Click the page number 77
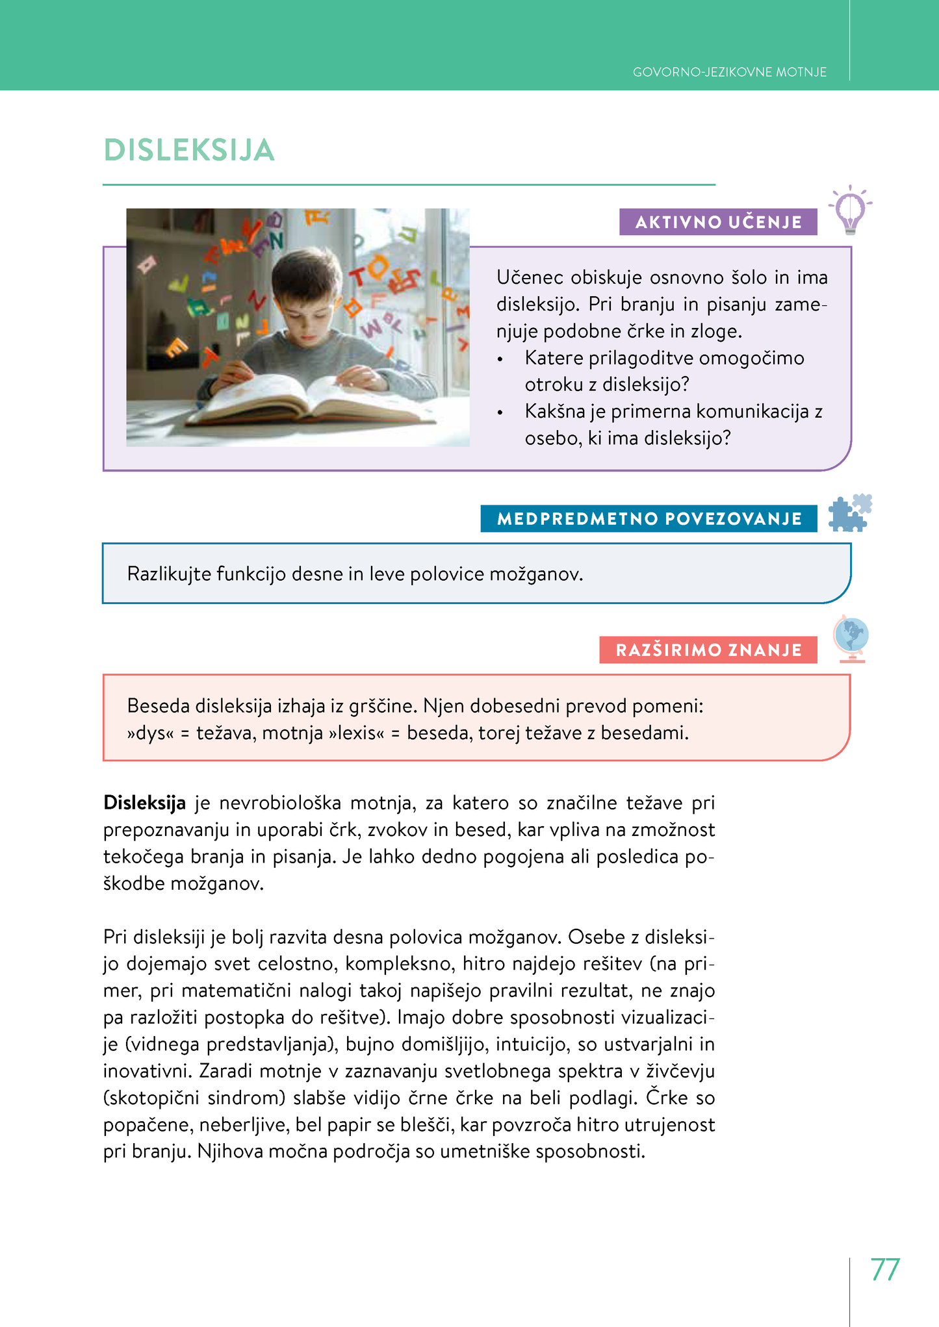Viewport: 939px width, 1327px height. [884, 1269]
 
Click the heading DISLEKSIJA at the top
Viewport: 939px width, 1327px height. [189, 150]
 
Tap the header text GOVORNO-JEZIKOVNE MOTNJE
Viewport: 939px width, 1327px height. [729, 72]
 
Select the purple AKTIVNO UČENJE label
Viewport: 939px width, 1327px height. [718, 222]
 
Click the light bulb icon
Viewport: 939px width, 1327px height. [850, 210]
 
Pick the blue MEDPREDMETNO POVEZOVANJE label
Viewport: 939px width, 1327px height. [649, 519]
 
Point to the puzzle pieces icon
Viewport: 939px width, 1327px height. [850, 513]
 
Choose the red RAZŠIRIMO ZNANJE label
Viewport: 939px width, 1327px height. [708, 650]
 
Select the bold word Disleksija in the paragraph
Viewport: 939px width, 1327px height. [144, 803]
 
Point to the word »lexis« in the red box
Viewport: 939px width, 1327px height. [357, 733]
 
